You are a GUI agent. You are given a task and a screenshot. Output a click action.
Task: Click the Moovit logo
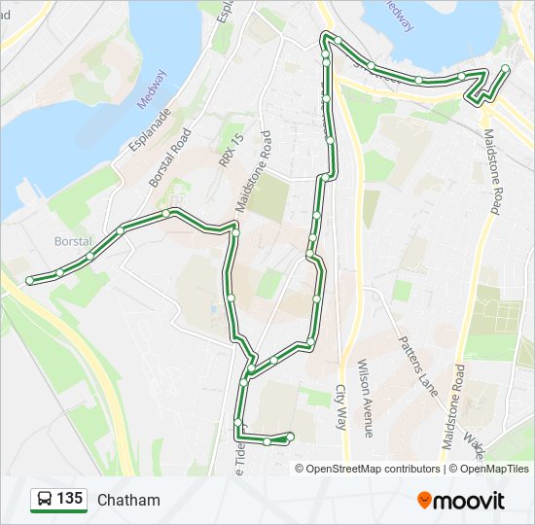pyautogui.click(x=460, y=501)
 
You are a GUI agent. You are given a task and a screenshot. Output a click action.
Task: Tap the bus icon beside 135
pyautogui.click(x=44, y=500)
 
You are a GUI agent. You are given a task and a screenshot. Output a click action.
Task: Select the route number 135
pyautogui.click(x=69, y=499)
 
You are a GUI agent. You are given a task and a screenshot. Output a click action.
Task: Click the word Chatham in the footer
pyautogui.click(x=128, y=500)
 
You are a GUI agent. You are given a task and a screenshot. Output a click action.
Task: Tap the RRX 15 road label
pyautogui.click(x=229, y=152)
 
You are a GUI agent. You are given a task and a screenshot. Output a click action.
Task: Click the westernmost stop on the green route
pyautogui.click(x=29, y=280)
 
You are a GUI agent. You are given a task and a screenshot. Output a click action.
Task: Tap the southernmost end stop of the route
pyautogui.click(x=290, y=437)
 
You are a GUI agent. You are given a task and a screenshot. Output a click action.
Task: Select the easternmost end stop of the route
pyautogui.click(x=505, y=68)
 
